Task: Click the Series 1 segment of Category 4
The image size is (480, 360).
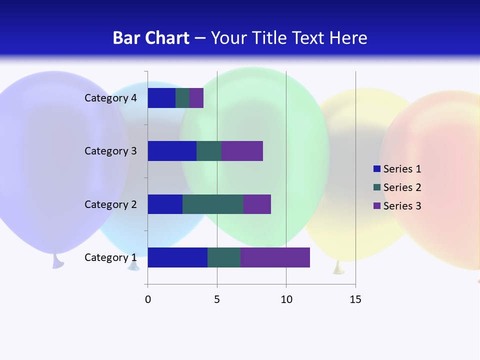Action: pos(161,98)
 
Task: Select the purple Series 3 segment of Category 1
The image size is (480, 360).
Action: pos(275,257)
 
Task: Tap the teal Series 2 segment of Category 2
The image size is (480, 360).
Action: pos(213,204)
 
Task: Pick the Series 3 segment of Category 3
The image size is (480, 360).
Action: pos(242,151)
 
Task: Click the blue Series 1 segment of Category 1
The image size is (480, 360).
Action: pos(177,257)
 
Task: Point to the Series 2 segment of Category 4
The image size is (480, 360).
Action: pos(182,98)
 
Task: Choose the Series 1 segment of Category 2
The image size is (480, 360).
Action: pos(165,204)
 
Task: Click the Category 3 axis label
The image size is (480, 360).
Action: pos(110,151)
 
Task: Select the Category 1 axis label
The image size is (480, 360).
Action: pos(110,257)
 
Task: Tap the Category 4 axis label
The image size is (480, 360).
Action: pos(110,98)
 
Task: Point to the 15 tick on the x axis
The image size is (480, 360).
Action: pos(355,299)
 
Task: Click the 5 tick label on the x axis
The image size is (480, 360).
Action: pos(217,299)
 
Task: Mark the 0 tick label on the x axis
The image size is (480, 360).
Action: pos(148,299)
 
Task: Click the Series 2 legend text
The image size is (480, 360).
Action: pos(402,187)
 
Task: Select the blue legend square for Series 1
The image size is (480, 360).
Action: pos(377,169)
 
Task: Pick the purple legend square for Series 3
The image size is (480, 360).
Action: pos(377,206)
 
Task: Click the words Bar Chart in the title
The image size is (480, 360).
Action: pos(151,38)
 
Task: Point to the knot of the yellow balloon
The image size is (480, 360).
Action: pos(339,268)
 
